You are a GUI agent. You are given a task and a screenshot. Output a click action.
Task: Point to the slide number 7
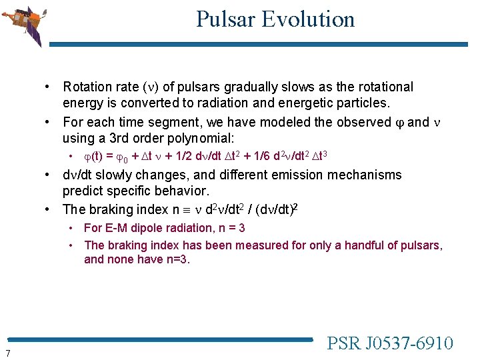coord(7,353)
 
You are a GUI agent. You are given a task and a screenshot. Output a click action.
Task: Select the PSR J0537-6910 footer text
coord(390,343)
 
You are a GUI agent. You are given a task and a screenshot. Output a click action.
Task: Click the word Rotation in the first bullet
coord(87,87)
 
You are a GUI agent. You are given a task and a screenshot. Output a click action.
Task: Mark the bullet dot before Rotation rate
coord(49,87)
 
